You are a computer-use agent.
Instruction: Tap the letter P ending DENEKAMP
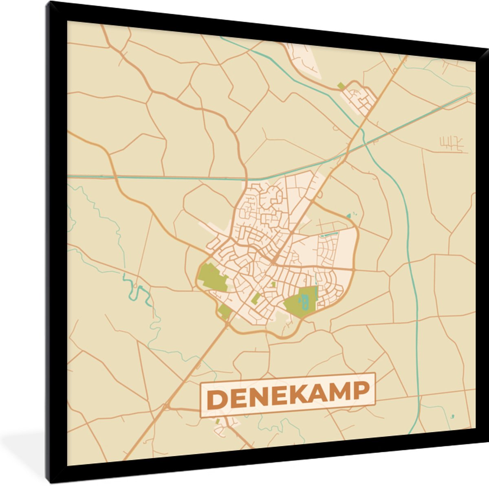point(360,390)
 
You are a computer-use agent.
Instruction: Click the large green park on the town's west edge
point(212,277)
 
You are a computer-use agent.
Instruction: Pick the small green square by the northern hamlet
point(341,86)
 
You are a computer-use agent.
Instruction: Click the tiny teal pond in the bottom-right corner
point(452,416)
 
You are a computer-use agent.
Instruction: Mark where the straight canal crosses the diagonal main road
point(350,149)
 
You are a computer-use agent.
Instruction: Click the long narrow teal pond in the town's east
point(329,235)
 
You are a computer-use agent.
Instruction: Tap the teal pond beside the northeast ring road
point(348,216)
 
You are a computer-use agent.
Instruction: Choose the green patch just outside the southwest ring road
point(224,312)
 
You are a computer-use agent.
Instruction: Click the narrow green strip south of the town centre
point(256,299)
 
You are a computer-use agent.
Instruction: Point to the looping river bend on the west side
point(134,285)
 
